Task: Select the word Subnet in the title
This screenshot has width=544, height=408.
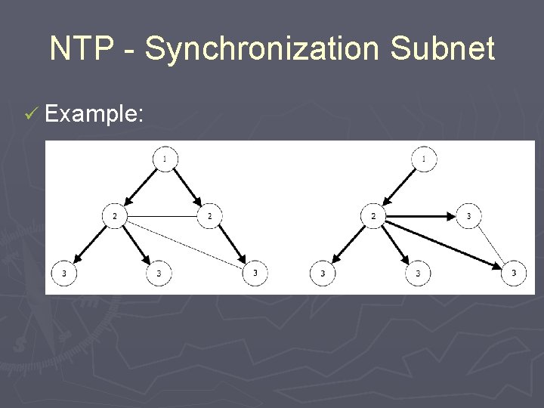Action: (x=444, y=50)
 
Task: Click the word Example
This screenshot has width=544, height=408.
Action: (x=94, y=115)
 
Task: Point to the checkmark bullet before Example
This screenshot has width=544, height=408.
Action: (x=30, y=115)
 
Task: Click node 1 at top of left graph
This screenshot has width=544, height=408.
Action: (x=165, y=159)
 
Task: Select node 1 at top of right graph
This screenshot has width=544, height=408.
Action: (x=425, y=159)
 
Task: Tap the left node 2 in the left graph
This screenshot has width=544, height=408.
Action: (x=114, y=217)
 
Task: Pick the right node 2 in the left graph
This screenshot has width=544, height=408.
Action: (x=209, y=217)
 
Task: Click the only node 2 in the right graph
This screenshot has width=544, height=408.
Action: (x=373, y=217)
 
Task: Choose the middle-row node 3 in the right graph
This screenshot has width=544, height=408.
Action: (x=468, y=217)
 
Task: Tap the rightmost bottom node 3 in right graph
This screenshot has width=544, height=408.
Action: (x=515, y=273)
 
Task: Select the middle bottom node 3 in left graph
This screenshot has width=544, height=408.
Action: (x=159, y=273)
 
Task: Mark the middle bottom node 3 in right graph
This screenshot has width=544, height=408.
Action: (x=418, y=273)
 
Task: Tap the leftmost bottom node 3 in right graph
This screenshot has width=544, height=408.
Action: (x=323, y=273)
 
